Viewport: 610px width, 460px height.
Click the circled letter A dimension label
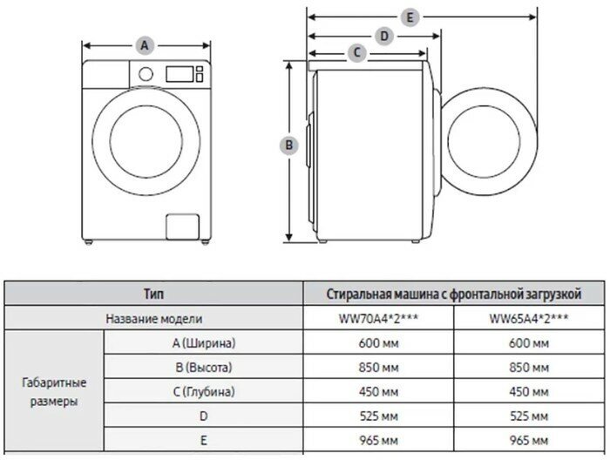146,45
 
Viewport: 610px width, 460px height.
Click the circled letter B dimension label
289,145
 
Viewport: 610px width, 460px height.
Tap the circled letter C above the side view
356,53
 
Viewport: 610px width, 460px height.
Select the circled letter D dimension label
383,36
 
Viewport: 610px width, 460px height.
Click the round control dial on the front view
146,75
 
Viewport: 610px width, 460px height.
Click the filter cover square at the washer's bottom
183,227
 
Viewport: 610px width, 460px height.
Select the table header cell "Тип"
153,294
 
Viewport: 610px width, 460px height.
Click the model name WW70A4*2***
377,319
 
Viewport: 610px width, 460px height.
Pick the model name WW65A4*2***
529,319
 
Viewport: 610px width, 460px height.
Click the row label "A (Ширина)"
203,343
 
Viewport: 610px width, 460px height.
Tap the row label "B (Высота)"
203,368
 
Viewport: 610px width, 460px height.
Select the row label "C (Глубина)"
203,392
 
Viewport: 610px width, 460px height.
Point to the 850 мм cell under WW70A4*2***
377,368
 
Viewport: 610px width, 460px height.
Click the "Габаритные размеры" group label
54,392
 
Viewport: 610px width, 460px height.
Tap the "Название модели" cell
153,319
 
